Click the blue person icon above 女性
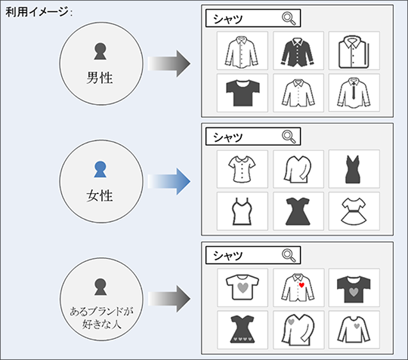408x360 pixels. [100, 170]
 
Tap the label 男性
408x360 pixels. [100, 78]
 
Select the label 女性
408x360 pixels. [100, 195]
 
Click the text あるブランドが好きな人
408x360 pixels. [101, 318]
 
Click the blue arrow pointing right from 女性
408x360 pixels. [169, 181]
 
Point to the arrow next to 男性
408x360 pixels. [169, 63]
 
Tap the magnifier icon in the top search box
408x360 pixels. [289, 18]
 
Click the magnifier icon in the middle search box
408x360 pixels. [289, 137]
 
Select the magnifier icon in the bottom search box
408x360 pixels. [289, 256]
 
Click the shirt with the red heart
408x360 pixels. [298, 288]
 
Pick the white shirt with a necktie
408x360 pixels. [354, 93]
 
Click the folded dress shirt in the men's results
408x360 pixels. [354, 52]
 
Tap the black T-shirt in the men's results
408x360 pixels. [243, 93]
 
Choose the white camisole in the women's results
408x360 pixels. [242, 211]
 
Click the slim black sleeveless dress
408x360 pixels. [354, 169]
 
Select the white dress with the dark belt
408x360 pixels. [354, 211]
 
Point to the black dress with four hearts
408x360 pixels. [243, 329]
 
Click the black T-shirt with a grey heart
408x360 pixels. [354, 289]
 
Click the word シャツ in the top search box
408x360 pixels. [228, 19]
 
